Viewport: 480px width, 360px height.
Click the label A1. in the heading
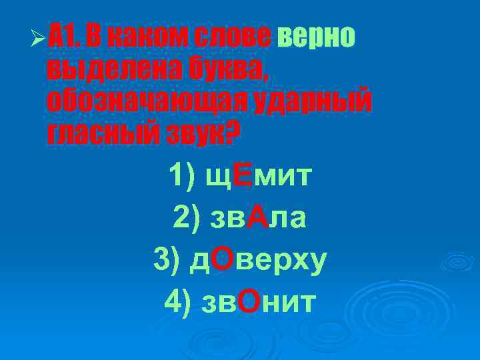click(66, 39)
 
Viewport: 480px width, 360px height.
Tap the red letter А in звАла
click(257, 217)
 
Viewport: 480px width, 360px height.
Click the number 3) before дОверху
click(165, 259)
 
